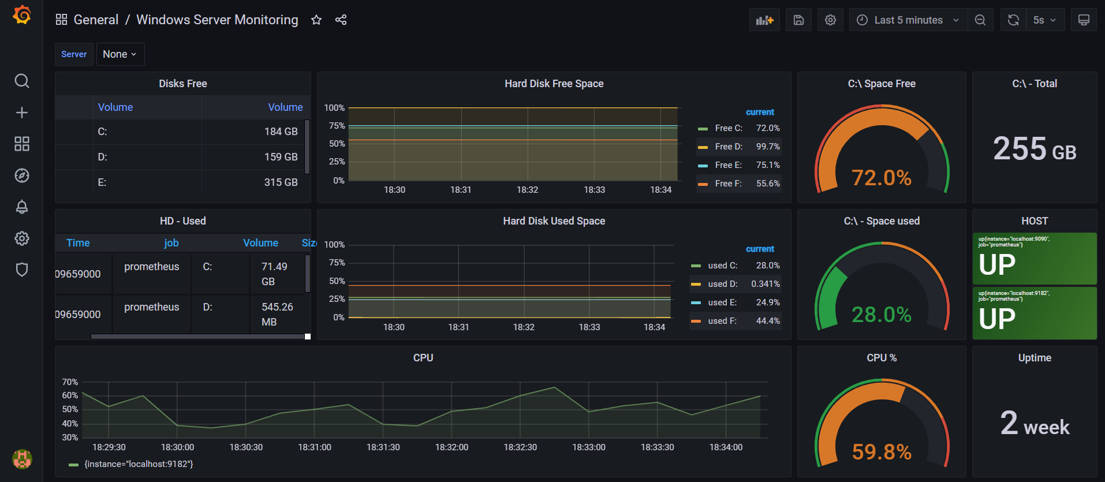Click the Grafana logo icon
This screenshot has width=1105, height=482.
[x=22, y=15]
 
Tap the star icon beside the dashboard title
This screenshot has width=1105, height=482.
[x=316, y=20]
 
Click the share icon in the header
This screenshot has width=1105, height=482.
[x=341, y=20]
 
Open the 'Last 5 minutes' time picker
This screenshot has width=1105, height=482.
[x=908, y=20]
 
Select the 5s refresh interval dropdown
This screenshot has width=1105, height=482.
[x=1044, y=20]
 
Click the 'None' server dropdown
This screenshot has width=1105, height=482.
[x=120, y=54]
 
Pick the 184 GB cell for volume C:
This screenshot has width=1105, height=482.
[x=281, y=132]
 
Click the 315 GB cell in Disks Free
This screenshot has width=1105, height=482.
[x=281, y=182]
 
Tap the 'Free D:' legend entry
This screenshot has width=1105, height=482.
[x=729, y=147]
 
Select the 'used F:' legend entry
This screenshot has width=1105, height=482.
[x=722, y=321]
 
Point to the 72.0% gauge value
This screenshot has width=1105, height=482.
[x=881, y=178]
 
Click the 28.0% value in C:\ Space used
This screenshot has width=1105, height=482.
[x=881, y=315]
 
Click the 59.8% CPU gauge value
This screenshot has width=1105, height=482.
[x=881, y=452]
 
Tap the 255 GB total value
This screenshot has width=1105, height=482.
[x=1034, y=149]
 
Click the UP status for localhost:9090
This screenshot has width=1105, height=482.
[x=997, y=265]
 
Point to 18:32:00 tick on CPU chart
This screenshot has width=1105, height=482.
[x=451, y=447]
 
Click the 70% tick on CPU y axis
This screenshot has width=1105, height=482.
[x=70, y=382]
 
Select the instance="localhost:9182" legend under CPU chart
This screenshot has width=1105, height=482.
[x=139, y=464]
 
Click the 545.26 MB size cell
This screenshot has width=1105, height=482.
[x=277, y=315]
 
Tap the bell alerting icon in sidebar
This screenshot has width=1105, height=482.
[x=22, y=207]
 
